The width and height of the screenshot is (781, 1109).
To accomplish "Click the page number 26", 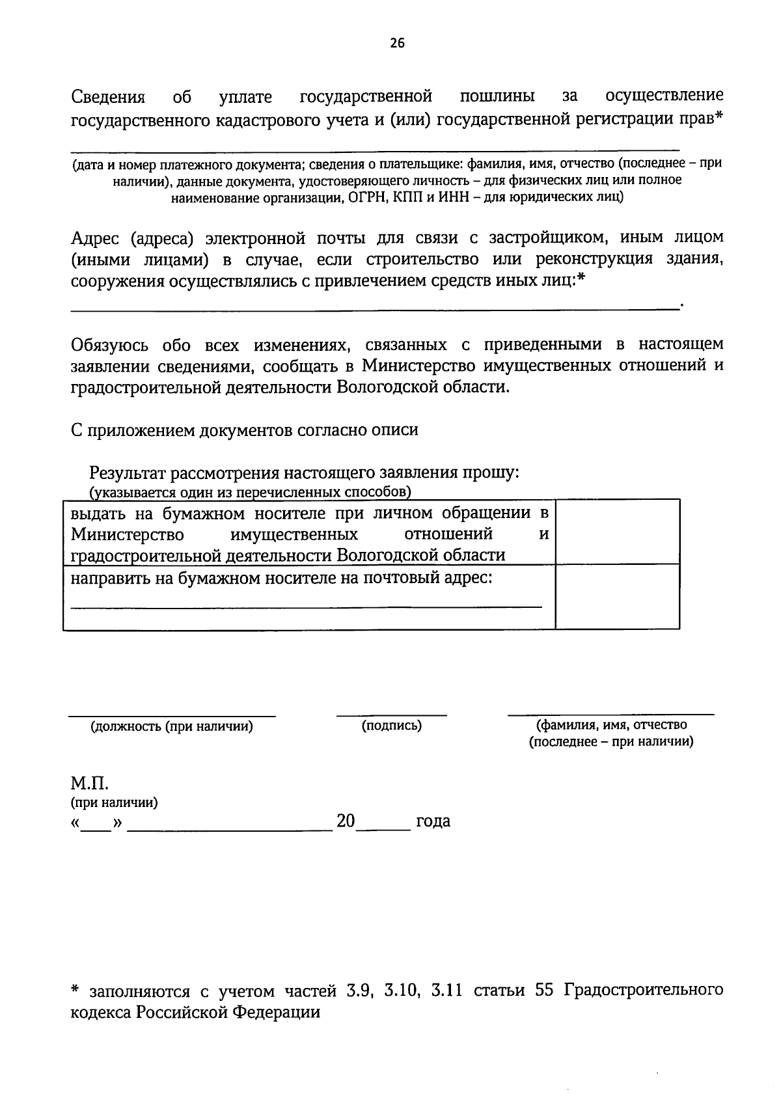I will [397, 43].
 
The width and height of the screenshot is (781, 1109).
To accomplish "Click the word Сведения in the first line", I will [107, 98].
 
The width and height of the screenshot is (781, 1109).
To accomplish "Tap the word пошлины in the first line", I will [497, 97].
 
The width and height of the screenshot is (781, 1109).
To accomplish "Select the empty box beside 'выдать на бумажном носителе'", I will [617, 531].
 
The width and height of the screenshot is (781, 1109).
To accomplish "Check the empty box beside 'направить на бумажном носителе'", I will [617, 596].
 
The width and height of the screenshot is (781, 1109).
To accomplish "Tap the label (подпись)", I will [392, 726].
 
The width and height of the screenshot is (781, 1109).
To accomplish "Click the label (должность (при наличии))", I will [172, 726].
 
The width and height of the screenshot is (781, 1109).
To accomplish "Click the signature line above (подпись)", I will [392, 715].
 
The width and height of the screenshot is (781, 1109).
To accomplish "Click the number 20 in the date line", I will [346, 821].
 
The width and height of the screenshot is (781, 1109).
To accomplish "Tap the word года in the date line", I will [433, 821].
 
